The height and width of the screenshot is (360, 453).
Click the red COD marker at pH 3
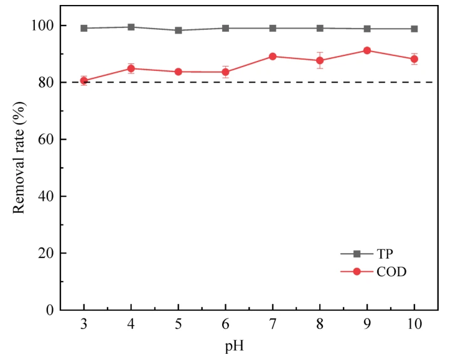coord(84,81)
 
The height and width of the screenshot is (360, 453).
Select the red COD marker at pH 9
coord(367,50)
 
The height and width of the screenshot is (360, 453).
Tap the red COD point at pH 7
coord(273,57)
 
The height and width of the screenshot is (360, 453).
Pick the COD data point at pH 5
coord(178,72)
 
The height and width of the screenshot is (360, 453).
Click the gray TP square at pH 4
coord(131,27)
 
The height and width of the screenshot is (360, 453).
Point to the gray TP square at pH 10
coord(414,29)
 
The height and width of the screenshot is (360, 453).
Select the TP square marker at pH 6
coord(225,28)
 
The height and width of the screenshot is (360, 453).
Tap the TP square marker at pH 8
coord(320,28)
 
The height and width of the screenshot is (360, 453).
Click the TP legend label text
coord(386,254)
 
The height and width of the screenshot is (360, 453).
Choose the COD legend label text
coord(391,272)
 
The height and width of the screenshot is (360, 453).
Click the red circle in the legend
coord(357,272)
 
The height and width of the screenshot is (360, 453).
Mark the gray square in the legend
coord(357,254)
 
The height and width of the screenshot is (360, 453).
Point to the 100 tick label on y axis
coord(43,25)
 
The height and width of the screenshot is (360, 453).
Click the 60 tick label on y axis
coord(47,139)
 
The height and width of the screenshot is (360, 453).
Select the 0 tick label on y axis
coord(50,310)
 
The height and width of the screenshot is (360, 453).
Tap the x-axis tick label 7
coord(273,325)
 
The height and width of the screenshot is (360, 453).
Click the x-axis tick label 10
coord(414,325)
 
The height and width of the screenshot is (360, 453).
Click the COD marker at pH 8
coord(320,60)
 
